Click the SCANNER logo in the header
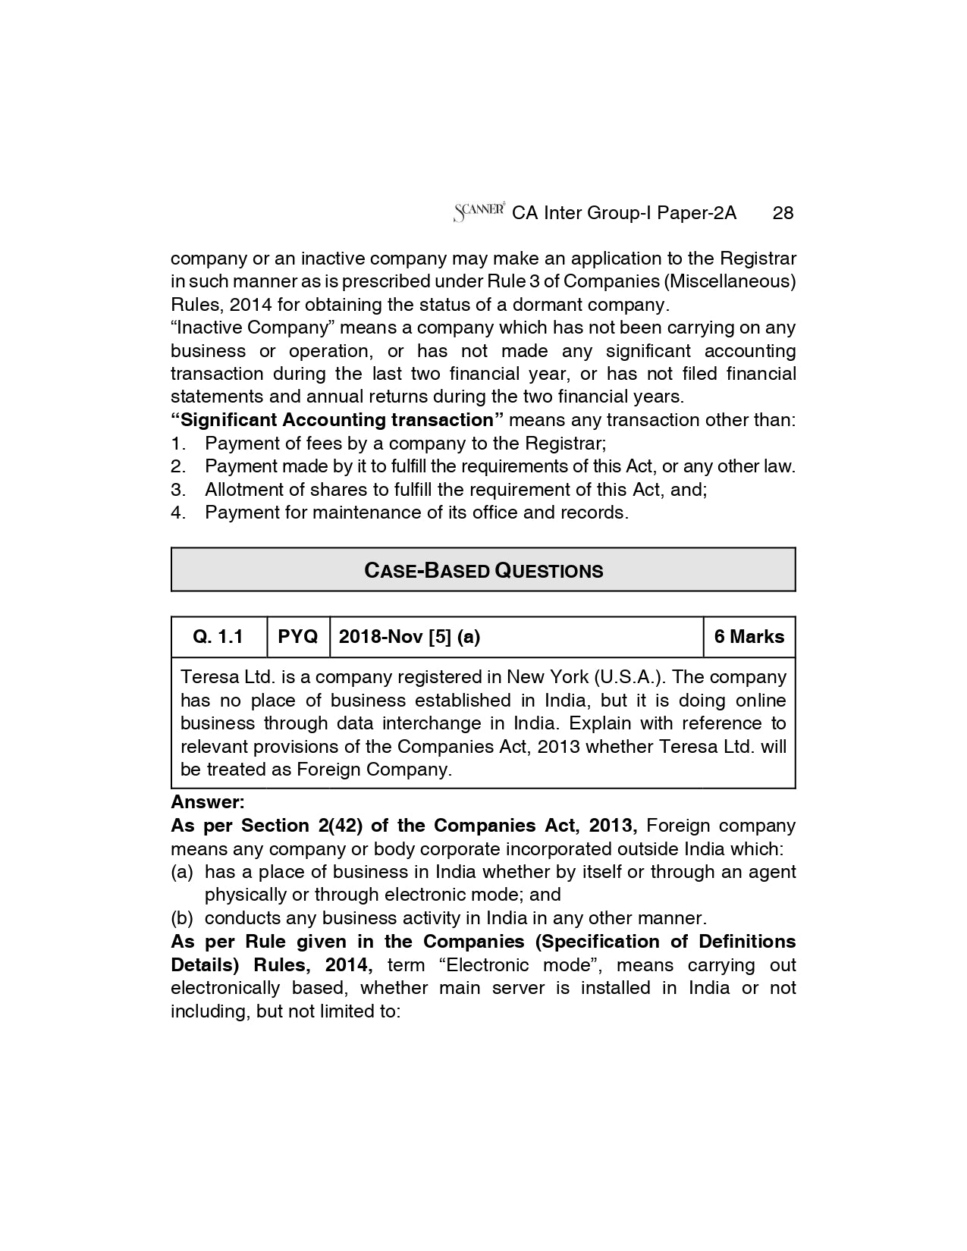pos(479,212)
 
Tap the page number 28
pos(783,213)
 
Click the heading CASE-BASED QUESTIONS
pos(483,570)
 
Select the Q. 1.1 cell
pos(218,637)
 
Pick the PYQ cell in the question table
pos(298,637)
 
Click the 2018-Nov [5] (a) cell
pos(409,637)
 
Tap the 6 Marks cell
pos(749,637)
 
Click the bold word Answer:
pos(208,802)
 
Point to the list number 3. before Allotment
pos(177,490)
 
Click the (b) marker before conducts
pos(182,918)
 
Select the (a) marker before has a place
pos(182,872)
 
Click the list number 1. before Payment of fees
pos(177,444)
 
